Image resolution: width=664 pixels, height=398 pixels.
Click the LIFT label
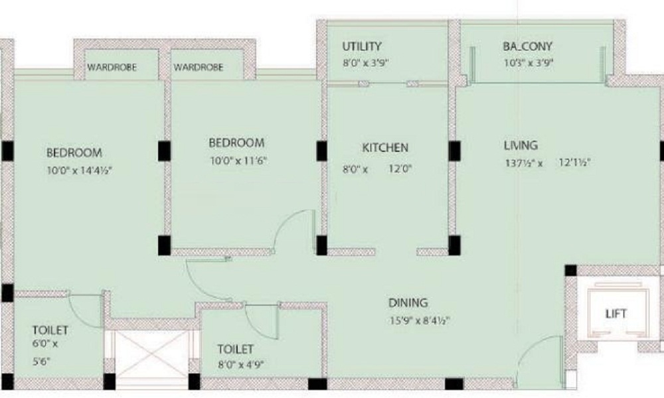point(616,313)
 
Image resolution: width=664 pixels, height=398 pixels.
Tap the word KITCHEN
point(385,147)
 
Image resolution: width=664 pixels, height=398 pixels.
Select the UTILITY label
point(362,46)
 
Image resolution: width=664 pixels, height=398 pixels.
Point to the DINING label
point(408,303)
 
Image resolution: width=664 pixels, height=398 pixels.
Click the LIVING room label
point(521,145)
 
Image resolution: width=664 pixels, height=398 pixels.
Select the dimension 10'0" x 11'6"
point(238,160)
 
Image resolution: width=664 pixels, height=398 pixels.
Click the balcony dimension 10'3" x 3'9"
point(529,64)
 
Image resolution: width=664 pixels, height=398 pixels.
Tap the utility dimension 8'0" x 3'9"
point(365,64)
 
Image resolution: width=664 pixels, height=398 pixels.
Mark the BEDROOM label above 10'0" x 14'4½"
point(74,153)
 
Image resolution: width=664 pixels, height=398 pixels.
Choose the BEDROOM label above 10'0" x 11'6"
point(236,143)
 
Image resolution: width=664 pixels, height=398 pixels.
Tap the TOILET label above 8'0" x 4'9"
point(235,348)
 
